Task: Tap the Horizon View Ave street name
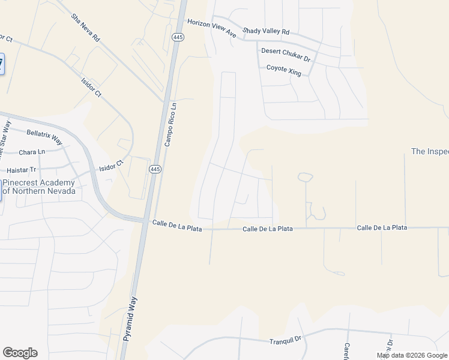click(x=212, y=28)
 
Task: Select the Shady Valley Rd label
click(x=266, y=31)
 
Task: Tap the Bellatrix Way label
click(x=44, y=136)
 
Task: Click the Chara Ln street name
click(x=32, y=152)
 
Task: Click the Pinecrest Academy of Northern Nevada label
click(x=39, y=187)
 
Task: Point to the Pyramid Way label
click(x=130, y=319)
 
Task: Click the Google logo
click(x=20, y=353)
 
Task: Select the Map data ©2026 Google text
click(x=411, y=355)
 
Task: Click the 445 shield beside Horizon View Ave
click(x=177, y=37)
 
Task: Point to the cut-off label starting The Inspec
click(x=429, y=151)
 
